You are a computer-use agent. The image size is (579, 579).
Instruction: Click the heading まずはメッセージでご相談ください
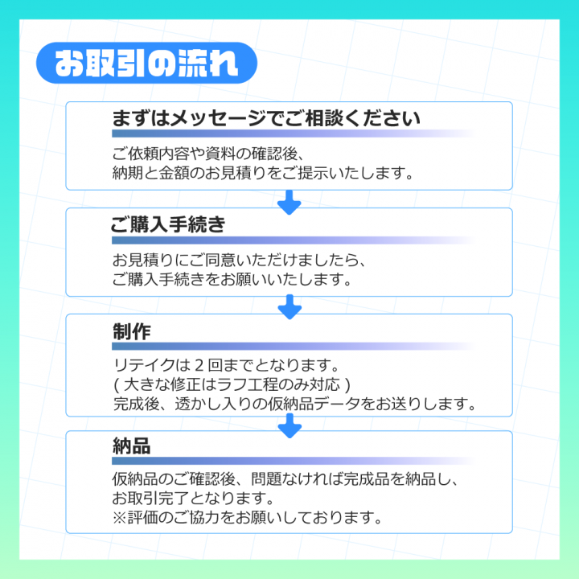pyautogui.click(x=266, y=119)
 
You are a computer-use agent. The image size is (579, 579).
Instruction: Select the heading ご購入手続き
pyautogui.click(x=168, y=225)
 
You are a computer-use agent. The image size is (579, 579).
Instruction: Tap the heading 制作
pyautogui.click(x=132, y=331)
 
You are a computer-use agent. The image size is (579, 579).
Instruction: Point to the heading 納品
pyautogui.click(x=132, y=446)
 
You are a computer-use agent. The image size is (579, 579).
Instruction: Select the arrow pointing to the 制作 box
pyautogui.click(x=289, y=306)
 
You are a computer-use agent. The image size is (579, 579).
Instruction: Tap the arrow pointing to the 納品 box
pyautogui.click(x=289, y=425)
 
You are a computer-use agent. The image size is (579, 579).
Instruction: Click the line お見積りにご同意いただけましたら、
pyautogui.click(x=240, y=261)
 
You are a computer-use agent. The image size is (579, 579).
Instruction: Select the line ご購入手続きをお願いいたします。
pyautogui.click(x=232, y=280)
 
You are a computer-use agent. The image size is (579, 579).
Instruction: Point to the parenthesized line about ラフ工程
pyautogui.click(x=232, y=384)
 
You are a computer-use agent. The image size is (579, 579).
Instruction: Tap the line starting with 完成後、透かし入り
pyautogui.click(x=294, y=404)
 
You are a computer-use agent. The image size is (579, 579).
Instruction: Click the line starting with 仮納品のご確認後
pyautogui.click(x=285, y=481)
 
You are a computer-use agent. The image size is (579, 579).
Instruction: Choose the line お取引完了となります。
pyautogui.click(x=194, y=499)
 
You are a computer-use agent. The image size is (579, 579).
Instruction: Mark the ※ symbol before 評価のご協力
pyautogui.click(x=120, y=518)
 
